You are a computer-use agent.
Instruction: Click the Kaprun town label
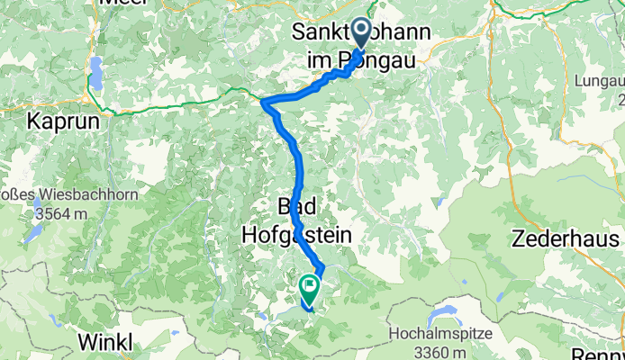tap(62, 120)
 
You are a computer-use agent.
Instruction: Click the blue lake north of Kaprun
tap(95, 69)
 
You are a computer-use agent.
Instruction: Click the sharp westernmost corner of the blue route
tap(263, 103)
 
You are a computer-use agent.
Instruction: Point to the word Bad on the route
tap(297, 206)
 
